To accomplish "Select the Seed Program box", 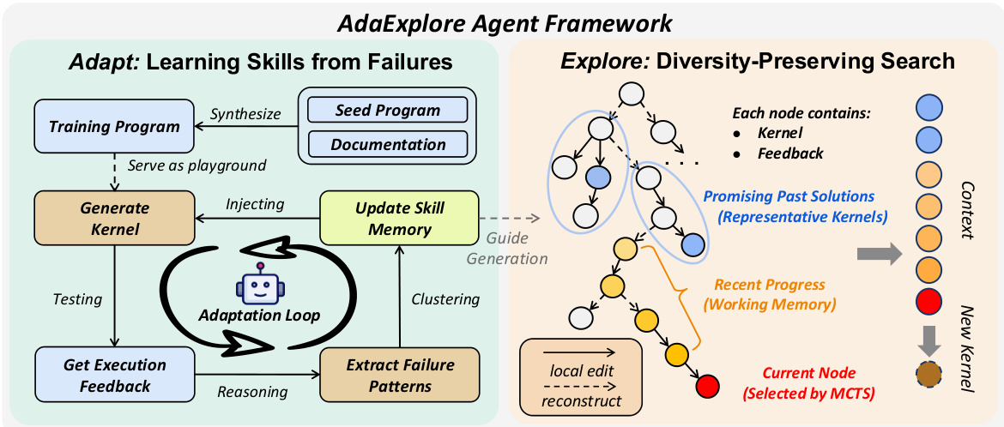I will (x=387, y=110).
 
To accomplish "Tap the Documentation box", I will (x=387, y=144).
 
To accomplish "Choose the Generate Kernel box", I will (x=114, y=217).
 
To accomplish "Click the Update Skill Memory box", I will (x=399, y=217).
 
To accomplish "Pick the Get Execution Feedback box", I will (x=114, y=374).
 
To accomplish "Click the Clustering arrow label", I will (x=445, y=299).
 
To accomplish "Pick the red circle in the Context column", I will (x=930, y=302).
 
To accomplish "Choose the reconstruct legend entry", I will (x=579, y=401).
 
